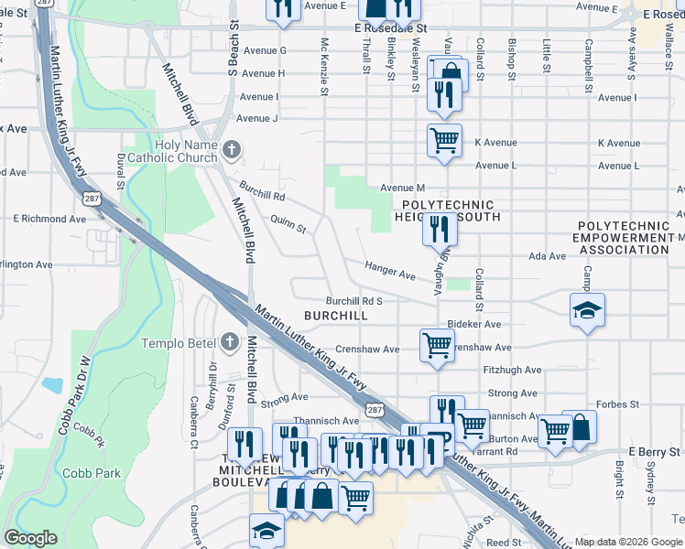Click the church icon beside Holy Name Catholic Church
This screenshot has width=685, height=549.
(232, 148)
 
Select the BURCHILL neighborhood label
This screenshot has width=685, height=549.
(335, 316)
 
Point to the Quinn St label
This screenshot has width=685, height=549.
(288, 222)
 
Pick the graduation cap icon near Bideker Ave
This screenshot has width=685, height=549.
(586, 308)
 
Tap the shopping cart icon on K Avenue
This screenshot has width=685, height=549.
(444, 141)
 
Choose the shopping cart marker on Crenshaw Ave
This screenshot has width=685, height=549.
(437, 345)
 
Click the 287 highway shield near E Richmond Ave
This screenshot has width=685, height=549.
(92, 197)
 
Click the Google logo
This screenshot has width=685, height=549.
(30, 538)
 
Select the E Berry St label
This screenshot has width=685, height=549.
(655, 452)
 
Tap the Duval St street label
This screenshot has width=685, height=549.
(121, 171)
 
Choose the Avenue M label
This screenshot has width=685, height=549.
(403, 188)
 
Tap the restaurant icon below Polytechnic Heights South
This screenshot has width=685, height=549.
(440, 226)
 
